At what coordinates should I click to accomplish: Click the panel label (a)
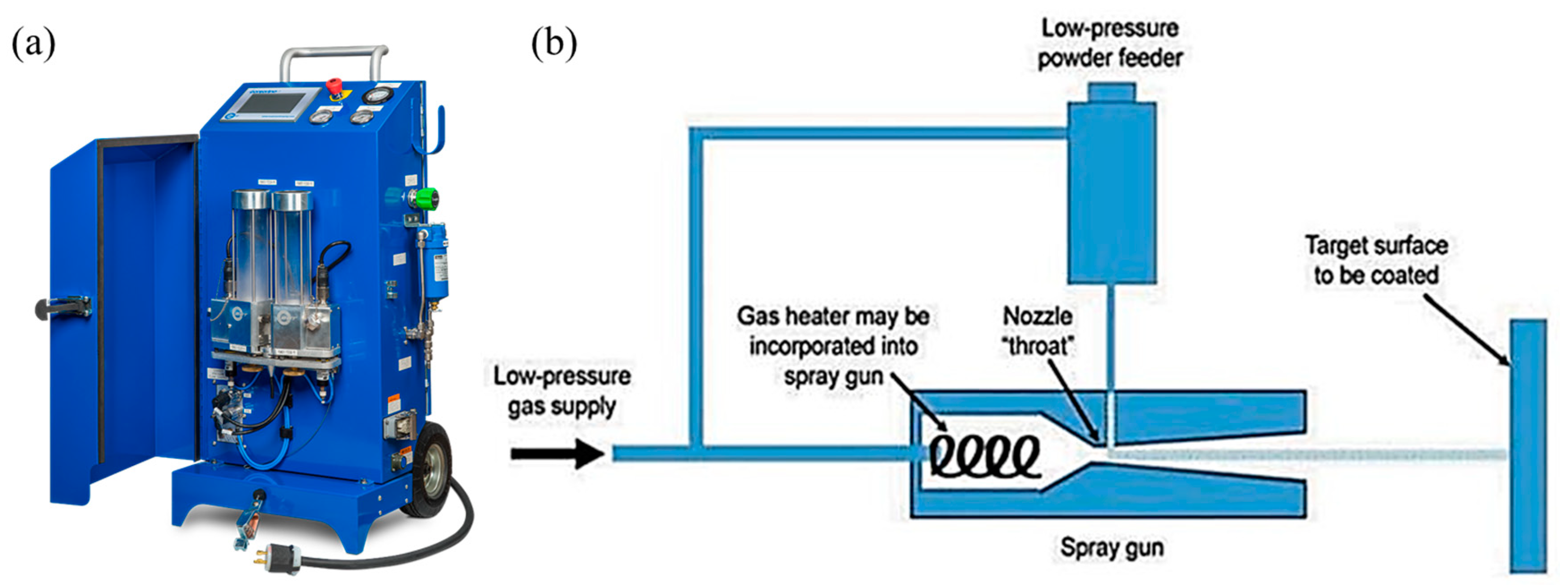pos(34,44)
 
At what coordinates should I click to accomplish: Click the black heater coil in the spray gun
pos(984,456)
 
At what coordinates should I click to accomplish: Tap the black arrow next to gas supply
pos(557,453)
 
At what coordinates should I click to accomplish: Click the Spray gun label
pos(1112,547)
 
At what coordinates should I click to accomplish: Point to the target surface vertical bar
pos(1527,445)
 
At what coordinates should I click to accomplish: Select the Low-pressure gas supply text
pos(562,391)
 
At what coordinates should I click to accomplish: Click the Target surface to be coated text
pos(1376,260)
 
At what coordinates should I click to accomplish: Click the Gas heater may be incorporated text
pos(833,346)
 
